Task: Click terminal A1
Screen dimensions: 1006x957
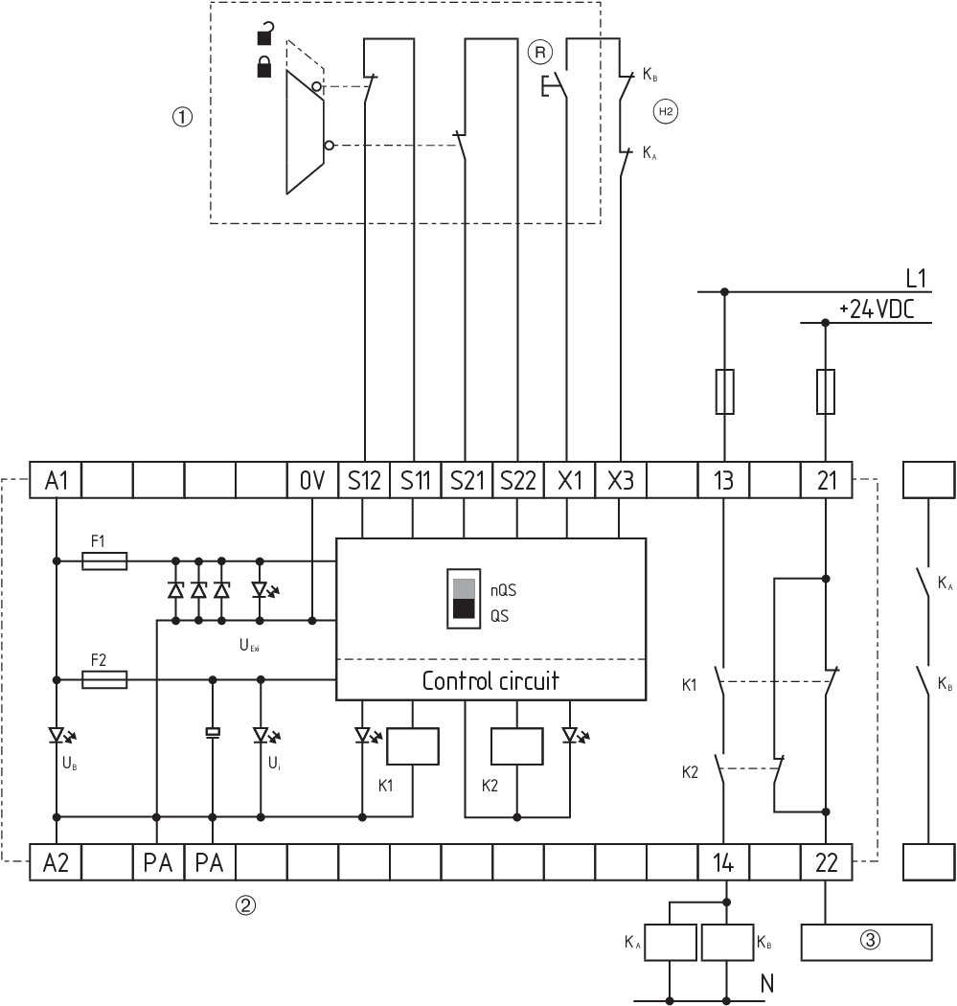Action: click(57, 481)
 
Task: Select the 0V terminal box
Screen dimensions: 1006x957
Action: click(312, 481)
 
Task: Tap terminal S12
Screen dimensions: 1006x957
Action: click(363, 481)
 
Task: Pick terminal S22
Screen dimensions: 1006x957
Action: click(517, 481)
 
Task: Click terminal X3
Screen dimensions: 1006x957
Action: click(620, 481)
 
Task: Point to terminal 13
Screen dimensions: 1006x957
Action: click(723, 481)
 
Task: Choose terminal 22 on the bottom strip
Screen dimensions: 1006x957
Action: click(825, 862)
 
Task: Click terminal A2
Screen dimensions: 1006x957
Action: click(57, 862)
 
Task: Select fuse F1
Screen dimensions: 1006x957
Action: click(105, 560)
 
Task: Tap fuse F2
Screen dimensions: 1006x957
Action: click(105, 679)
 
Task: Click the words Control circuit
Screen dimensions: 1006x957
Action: click(490, 682)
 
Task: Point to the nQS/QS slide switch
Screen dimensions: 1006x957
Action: click(464, 600)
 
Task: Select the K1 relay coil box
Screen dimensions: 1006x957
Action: click(413, 746)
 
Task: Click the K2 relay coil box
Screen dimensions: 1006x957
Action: click(517, 746)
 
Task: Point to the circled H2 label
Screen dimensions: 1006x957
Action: click(665, 112)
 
